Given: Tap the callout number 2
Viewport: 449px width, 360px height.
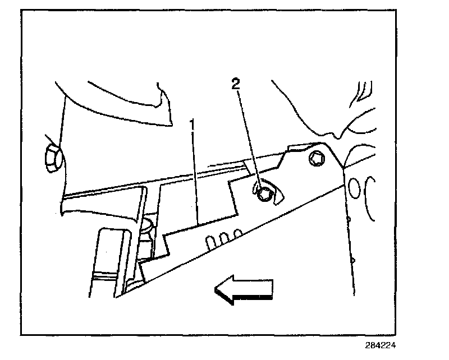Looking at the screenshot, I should [x=236, y=85].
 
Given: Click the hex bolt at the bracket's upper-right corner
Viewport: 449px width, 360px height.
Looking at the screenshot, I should [x=316, y=159].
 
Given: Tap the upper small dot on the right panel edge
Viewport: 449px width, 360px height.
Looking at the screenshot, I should [x=349, y=219].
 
